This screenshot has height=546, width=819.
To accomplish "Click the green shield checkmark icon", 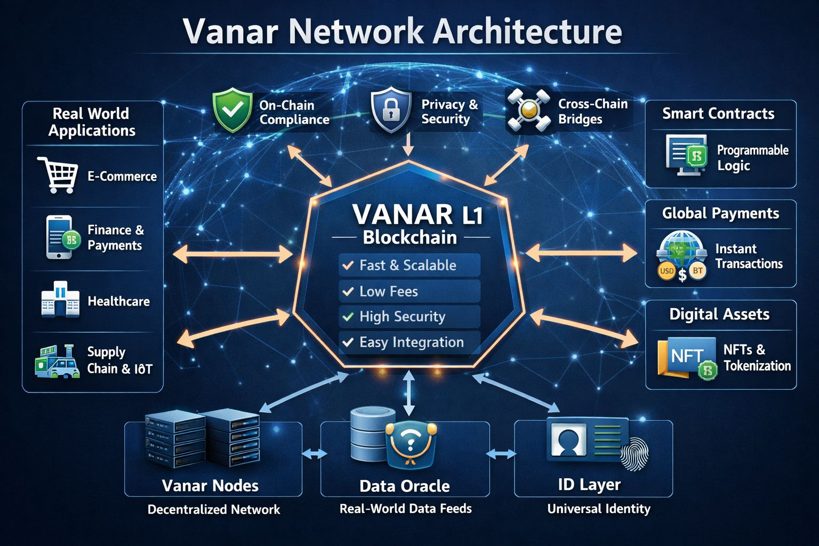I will coord(232,110).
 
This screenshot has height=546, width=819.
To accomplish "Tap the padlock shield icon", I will coord(391,110).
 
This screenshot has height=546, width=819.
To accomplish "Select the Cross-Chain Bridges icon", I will coord(528,110).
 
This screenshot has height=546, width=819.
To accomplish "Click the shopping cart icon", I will coord(58,174).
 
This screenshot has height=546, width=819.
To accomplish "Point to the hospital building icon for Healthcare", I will coord(60,300).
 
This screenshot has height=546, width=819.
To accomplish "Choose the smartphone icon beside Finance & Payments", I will coord(60,237).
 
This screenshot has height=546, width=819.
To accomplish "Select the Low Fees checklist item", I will coord(409,291).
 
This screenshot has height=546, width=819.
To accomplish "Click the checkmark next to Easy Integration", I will coord(348,342).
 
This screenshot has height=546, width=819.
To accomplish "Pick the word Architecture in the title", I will coord(527,32).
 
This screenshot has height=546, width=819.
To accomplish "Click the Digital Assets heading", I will coord(719,314).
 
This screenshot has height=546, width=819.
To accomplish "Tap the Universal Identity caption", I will coord(598,509).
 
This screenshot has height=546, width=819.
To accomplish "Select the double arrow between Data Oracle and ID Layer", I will coord(501,454).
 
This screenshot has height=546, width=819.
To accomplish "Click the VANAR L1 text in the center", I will coord(417,215).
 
